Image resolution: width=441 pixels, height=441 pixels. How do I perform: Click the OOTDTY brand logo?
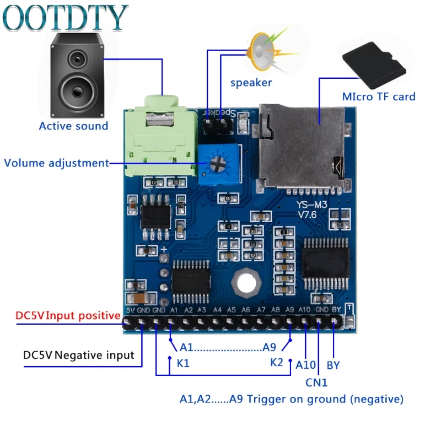65,18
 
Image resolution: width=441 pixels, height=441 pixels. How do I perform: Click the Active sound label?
73,126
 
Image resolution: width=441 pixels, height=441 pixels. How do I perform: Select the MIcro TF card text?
379,96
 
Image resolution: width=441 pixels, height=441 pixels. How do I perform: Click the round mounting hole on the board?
245,283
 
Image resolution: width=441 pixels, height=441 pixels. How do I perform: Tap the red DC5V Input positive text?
68,316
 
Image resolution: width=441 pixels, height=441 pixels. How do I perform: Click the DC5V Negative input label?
79,355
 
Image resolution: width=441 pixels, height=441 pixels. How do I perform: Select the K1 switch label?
183,364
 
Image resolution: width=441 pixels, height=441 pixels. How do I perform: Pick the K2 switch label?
277,363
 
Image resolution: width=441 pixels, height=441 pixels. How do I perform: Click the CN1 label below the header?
317,381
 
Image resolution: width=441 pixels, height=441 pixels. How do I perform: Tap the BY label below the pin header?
333,365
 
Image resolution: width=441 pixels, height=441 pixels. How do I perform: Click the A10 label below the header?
305,365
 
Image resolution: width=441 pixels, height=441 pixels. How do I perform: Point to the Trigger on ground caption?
292,399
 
